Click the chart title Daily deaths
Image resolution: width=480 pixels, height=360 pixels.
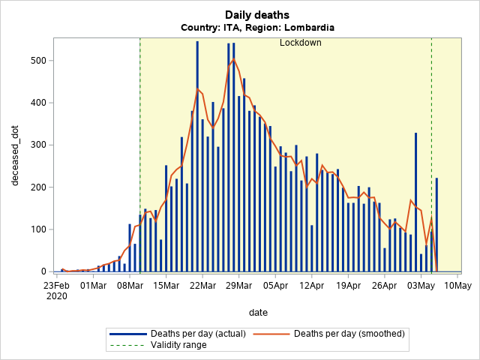[257, 15]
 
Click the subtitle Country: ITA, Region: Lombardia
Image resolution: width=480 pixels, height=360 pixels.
[257, 28]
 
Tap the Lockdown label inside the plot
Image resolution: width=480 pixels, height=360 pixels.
[300, 43]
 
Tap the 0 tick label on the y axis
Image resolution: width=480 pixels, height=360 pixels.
[42, 271]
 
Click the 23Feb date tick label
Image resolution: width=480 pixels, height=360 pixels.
[56, 285]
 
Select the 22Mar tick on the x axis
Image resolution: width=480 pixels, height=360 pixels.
[202, 285]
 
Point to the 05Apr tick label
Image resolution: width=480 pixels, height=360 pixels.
[274, 285]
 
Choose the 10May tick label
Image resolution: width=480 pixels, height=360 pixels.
[457, 285]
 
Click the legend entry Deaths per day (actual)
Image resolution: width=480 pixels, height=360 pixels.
[187, 333]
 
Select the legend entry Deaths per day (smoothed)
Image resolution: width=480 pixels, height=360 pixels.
[349, 333]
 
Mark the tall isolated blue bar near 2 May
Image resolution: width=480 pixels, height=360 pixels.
[415, 202]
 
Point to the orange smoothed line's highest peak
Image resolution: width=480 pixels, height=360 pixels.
[233, 58]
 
